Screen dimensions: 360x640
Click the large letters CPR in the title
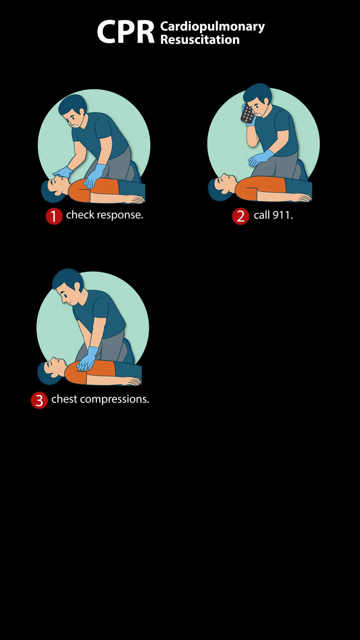point(126,32)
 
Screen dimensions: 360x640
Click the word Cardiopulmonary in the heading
point(212,27)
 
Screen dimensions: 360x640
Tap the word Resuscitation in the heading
point(200,40)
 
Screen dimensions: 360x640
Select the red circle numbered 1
point(54,216)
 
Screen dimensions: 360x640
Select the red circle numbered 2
point(241,216)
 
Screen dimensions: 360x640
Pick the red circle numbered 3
point(39,400)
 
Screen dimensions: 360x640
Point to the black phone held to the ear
point(247,114)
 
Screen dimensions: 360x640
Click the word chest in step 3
point(64,399)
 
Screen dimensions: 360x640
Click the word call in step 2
point(262,215)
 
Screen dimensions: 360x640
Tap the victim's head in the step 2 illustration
point(220,187)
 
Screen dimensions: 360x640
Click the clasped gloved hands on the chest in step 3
point(87,359)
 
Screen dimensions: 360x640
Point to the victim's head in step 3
point(50,370)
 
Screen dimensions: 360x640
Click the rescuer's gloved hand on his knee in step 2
point(261,158)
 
